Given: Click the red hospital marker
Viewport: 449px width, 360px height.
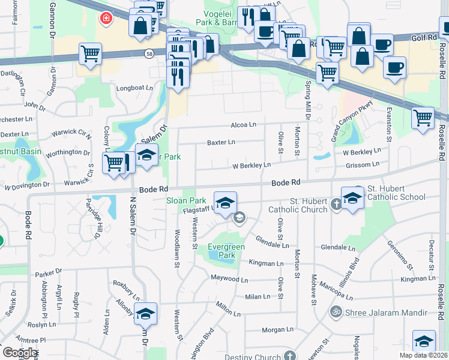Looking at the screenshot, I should tap(106, 19).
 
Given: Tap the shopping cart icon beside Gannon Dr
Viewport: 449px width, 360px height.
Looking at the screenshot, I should tap(90, 53).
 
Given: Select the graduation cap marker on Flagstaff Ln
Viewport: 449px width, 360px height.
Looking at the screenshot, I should tap(225, 204).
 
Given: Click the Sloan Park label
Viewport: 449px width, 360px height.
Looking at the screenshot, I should tap(186, 201).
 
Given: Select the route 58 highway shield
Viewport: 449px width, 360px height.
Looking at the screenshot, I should tap(148, 53).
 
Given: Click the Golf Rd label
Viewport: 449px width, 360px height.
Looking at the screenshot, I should tap(423, 38).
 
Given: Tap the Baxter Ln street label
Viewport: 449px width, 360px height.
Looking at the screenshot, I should tap(221, 142).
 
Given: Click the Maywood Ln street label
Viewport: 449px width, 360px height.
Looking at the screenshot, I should tap(229, 279).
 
